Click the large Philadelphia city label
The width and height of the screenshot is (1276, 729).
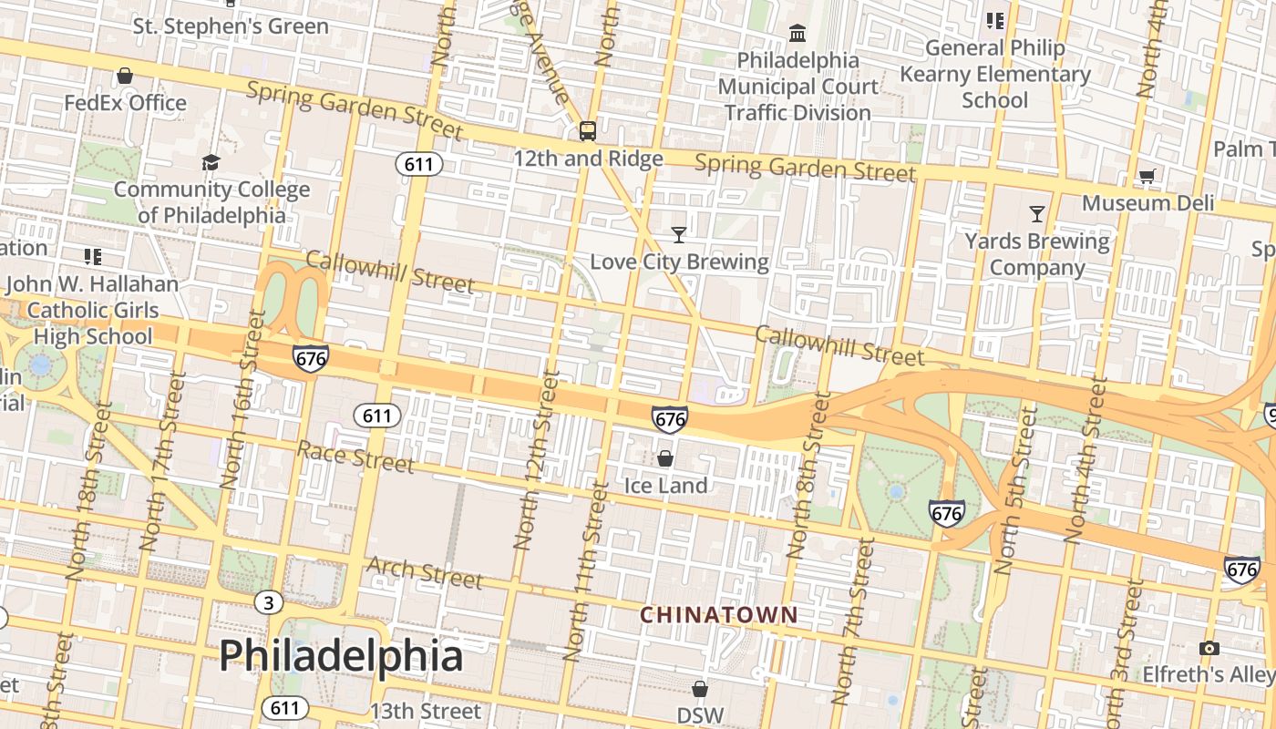coord(341,655)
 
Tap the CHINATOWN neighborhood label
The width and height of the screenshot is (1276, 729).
coord(718,615)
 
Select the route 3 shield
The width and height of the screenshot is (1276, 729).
coord(268,602)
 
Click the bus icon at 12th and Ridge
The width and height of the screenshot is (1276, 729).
coord(588,131)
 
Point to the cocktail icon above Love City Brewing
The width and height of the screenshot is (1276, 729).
coord(678,235)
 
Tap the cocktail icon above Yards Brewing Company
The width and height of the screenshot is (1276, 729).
coord(1036,214)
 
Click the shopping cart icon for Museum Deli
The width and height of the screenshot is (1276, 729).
coord(1147,176)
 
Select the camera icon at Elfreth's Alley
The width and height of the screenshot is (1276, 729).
coord(1209,648)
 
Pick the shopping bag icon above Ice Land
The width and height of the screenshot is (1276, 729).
coord(665,458)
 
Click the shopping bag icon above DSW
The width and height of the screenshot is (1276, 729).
coord(699,688)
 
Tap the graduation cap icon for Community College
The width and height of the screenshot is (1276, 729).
coord(211,163)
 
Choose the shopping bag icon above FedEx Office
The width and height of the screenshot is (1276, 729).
coord(125,76)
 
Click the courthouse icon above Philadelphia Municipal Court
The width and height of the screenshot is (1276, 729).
coord(797,34)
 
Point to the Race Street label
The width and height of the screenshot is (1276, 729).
coord(355,457)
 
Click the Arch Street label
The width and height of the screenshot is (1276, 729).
coord(424,572)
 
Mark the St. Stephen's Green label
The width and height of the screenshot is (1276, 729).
coord(231,26)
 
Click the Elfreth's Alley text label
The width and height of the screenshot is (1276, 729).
coord(1220,674)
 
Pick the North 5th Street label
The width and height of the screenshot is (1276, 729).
coord(1015,490)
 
